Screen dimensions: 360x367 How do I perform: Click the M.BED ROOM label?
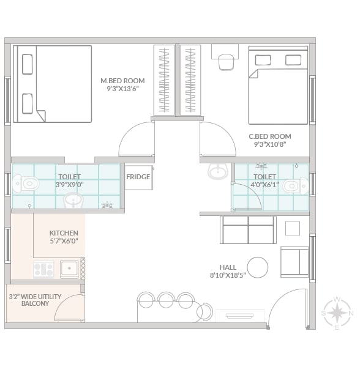122,81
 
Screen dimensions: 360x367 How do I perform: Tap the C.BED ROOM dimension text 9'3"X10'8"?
270,144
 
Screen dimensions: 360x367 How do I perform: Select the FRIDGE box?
138,177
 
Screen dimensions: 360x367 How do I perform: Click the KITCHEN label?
64,233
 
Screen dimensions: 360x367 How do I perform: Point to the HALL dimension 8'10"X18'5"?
228,275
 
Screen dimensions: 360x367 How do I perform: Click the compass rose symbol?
337,313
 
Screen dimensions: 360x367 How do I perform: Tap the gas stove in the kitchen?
43,269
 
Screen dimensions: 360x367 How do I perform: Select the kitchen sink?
69,269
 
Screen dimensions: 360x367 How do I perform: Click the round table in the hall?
257,267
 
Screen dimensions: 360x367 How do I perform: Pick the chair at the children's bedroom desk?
227,62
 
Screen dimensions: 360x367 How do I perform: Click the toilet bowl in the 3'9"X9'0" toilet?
26,183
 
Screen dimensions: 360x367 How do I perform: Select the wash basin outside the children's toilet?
218,171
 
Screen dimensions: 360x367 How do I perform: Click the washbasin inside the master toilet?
73,201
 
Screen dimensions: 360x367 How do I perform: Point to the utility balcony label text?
35,300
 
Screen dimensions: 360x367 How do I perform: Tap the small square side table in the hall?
293,228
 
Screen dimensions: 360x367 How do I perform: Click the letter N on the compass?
351,313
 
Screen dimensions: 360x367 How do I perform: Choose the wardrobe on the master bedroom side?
164,80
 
